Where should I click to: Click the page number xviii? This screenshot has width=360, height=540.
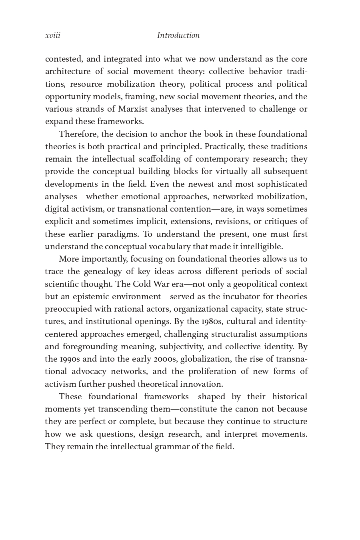(x=53, y=36)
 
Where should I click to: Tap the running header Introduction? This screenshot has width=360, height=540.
(x=178, y=36)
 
